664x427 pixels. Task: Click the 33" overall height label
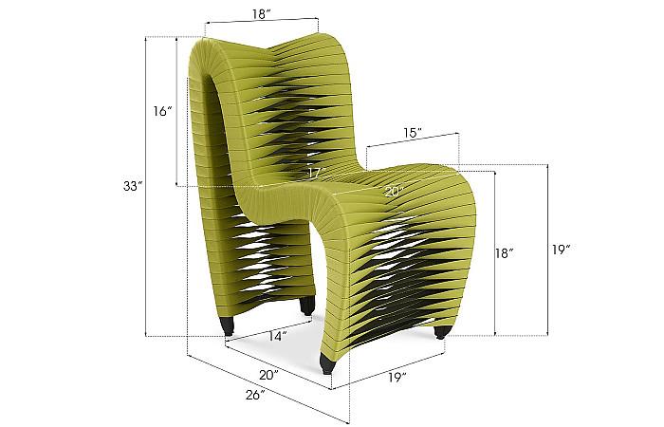coord(132,187)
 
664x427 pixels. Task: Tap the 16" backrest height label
coord(162,112)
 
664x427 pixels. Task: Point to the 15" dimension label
coord(411,134)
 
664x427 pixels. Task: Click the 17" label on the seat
coord(316,173)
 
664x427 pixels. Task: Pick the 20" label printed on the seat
coord(393,191)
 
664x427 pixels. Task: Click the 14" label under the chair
coord(276,335)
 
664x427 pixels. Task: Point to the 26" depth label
coord(253,396)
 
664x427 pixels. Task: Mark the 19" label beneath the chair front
coord(397,378)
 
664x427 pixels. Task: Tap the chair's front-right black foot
coord(442,332)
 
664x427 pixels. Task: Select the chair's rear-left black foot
coord(229,326)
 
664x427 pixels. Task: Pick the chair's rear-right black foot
coord(307,306)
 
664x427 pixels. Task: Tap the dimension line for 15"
coord(412,142)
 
